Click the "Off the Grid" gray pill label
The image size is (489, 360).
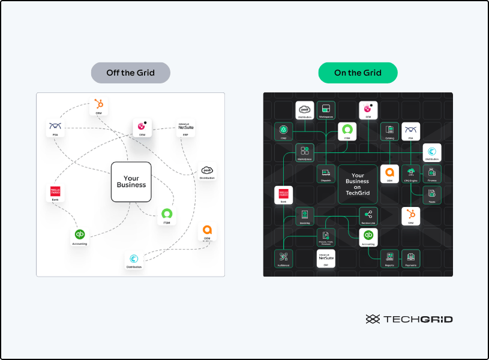(130, 73)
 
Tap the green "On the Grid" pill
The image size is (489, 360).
(358, 73)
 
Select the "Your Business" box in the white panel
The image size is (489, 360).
(131, 181)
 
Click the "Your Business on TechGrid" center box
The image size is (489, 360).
(358, 184)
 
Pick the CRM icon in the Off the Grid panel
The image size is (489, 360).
(98, 106)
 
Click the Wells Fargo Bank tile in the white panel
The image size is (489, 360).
(56, 193)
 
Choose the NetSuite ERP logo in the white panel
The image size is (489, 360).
(186, 126)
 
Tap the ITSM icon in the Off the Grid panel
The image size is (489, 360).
(167, 214)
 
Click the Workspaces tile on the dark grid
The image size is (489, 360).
(326, 109)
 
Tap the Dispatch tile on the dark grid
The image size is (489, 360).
(326, 173)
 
